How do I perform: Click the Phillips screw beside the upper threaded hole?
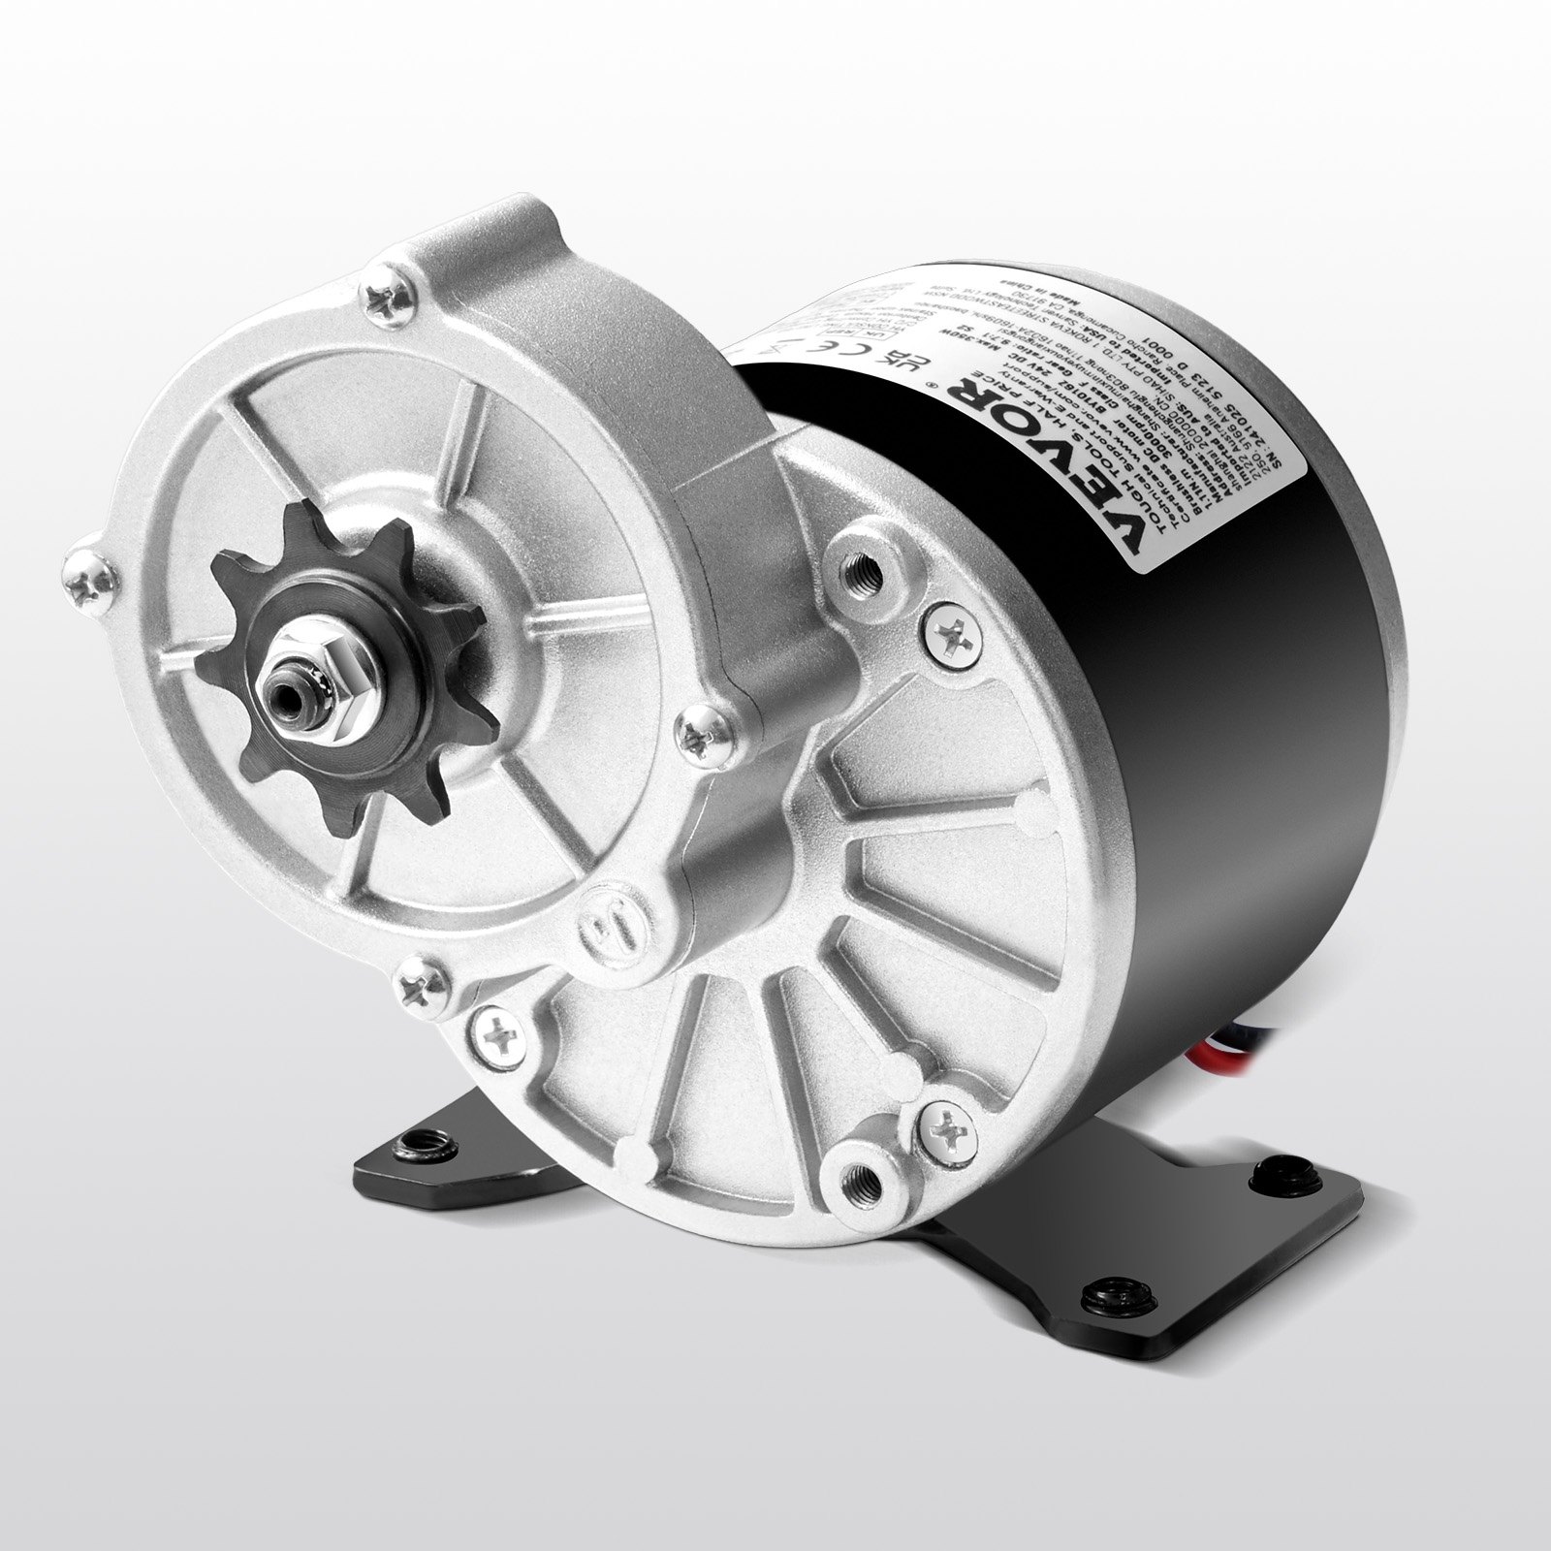click(x=945, y=633)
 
